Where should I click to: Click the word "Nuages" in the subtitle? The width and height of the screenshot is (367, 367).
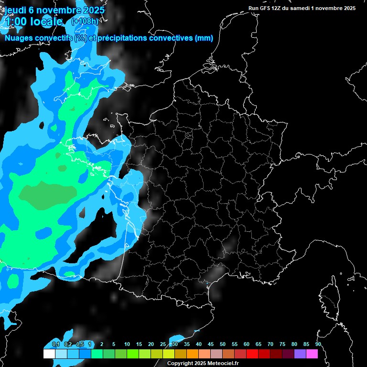[x=21, y=38]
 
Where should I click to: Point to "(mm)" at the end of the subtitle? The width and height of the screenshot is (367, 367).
[x=204, y=38]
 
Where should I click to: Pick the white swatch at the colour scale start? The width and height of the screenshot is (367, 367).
[x=49, y=354]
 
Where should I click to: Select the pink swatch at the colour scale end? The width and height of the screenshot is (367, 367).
[x=312, y=354]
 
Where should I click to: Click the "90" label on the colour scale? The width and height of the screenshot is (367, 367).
[x=318, y=345]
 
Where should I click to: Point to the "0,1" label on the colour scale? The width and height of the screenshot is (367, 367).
[x=56, y=345]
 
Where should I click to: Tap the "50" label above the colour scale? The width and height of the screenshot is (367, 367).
[x=223, y=345]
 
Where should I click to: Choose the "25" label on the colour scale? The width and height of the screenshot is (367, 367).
[x=163, y=345]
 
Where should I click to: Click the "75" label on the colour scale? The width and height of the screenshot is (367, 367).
[x=282, y=345]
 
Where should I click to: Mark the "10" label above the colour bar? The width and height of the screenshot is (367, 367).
[x=127, y=345]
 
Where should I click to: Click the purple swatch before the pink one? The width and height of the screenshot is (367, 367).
[x=300, y=354]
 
